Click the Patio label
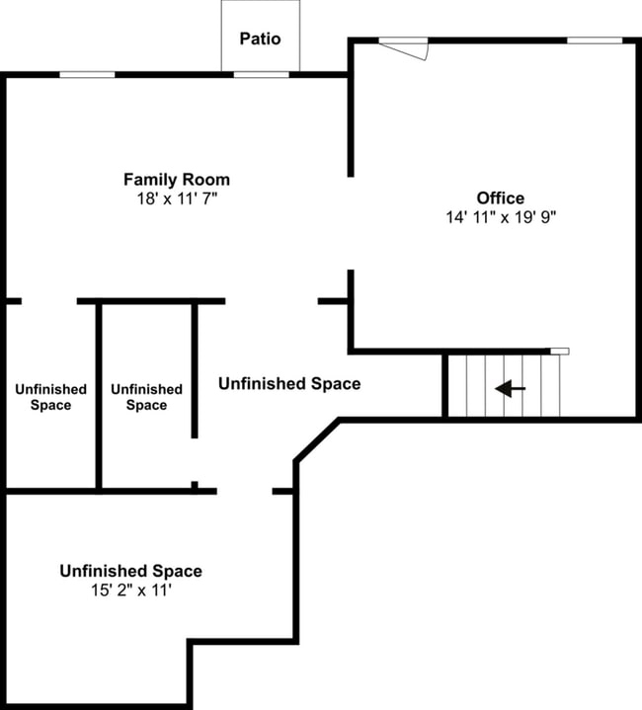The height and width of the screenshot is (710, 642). pos(260,39)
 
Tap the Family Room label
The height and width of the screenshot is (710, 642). pos(177,180)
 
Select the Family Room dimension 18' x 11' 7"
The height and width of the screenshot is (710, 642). pos(177,198)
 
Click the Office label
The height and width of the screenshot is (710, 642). pos(501,198)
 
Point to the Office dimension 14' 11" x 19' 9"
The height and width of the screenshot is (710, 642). pos(501,217)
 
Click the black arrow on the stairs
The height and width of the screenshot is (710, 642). pos(510,389)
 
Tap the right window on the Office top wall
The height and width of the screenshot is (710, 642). pos(595,40)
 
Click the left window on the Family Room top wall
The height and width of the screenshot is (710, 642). pos(87,75)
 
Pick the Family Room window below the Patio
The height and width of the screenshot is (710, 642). pos(261,75)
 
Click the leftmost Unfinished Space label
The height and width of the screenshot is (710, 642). pos(50,397)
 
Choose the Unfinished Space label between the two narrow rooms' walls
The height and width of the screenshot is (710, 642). pos(146,397)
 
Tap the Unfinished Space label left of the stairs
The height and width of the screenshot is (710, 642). pos(288,383)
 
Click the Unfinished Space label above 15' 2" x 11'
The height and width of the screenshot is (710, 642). pos(130,571)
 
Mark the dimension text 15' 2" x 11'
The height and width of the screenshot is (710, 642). pos(130,591)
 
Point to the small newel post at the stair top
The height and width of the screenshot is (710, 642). pos(559,351)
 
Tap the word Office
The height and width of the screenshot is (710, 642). pos(501,198)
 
